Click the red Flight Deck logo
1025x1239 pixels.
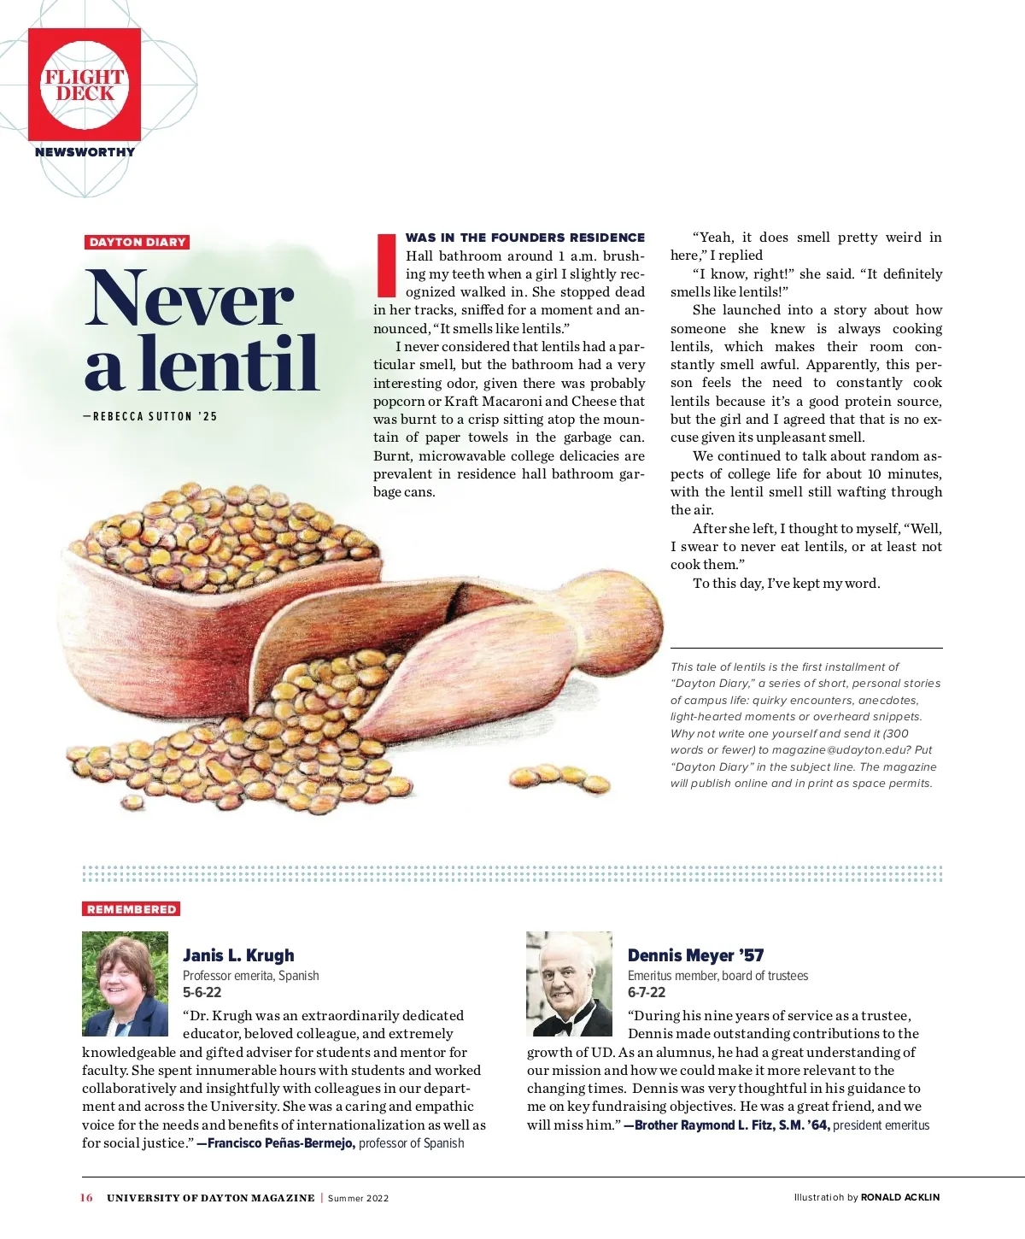point(85,85)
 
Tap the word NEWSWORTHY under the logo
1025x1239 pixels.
point(85,152)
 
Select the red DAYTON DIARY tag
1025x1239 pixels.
point(137,242)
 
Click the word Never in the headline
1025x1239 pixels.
point(189,298)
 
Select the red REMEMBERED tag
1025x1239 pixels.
point(132,909)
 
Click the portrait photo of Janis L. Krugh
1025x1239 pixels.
point(125,984)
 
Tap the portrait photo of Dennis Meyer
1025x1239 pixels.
point(569,984)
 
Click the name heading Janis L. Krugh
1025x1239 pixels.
point(238,955)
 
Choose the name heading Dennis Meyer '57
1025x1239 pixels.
point(695,955)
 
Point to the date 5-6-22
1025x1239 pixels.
point(202,992)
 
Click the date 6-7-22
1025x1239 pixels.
point(647,992)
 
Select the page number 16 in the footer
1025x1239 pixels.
point(86,1198)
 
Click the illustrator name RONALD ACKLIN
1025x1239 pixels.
point(899,1198)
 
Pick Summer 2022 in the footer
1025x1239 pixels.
point(358,1198)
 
